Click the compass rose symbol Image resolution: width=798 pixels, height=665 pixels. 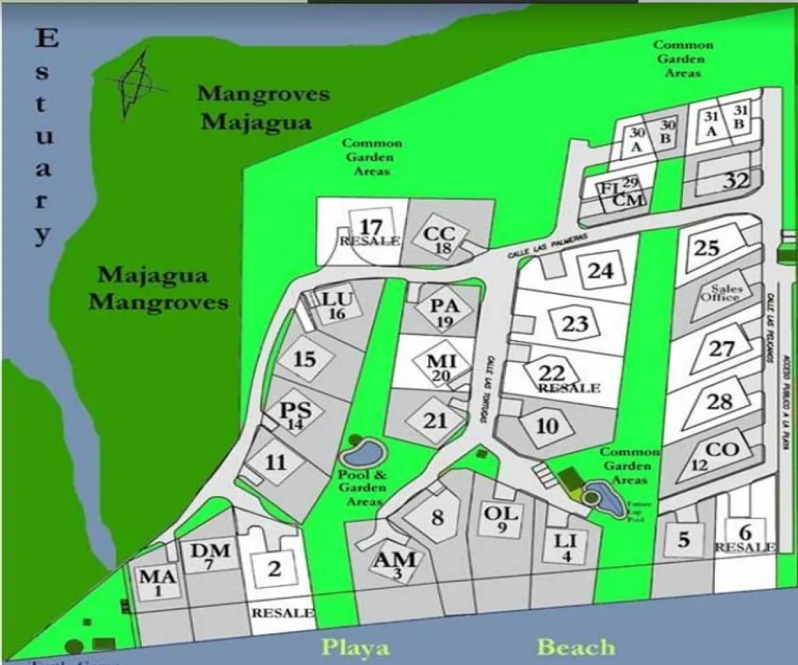[x=137, y=83]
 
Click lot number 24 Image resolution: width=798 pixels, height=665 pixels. [x=600, y=271]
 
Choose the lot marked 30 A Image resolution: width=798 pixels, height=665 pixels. [x=636, y=139]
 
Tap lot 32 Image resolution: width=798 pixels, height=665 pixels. [x=736, y=180]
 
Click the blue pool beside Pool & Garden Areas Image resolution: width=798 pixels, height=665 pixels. [x=363, y=454]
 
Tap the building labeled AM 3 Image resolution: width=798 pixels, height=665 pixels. [x=396, y=564]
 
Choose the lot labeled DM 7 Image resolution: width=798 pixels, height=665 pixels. [x=210, y=555]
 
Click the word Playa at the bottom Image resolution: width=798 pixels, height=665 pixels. [x=356, y=647]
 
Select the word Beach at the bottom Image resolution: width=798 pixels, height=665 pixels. [x=576, y=646]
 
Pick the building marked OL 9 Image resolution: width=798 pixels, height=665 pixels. [x=502, y=518]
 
